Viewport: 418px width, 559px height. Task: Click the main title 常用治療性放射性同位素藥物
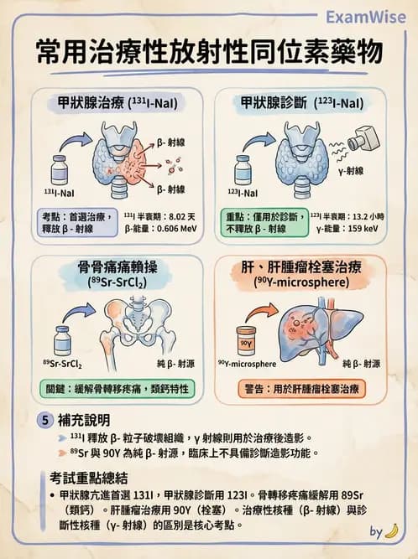(209, 52)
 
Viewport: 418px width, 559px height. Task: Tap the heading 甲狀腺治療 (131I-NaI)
(116, 104)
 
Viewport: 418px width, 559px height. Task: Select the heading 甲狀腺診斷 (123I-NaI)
(302, 104)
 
